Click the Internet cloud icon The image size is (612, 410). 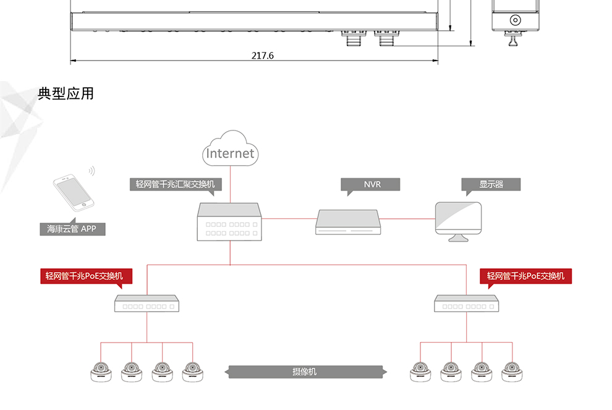point(231,148)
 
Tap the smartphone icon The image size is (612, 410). point(74,192)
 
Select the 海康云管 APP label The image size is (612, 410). point(72,229)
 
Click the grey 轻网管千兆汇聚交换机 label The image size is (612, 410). point(176,184)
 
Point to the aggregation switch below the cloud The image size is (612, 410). point(229,222)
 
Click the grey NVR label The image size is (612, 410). point(370,184)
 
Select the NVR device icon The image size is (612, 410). point(348,222)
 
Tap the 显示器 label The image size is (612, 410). point(491,184)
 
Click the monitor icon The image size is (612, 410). point(458,222)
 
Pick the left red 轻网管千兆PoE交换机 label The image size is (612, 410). point(87,276)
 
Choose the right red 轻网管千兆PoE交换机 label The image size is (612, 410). point(525,276)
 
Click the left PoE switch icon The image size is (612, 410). point(147,304)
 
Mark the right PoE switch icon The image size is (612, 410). point(466,304)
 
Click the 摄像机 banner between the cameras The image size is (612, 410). point(305,372)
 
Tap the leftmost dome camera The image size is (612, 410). point(101,372)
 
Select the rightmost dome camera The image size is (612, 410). point(512,372)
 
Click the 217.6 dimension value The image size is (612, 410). point(263,56)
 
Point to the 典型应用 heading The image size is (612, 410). point(66,94)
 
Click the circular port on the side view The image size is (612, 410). point(515,20)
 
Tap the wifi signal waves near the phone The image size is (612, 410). point(92,171)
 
